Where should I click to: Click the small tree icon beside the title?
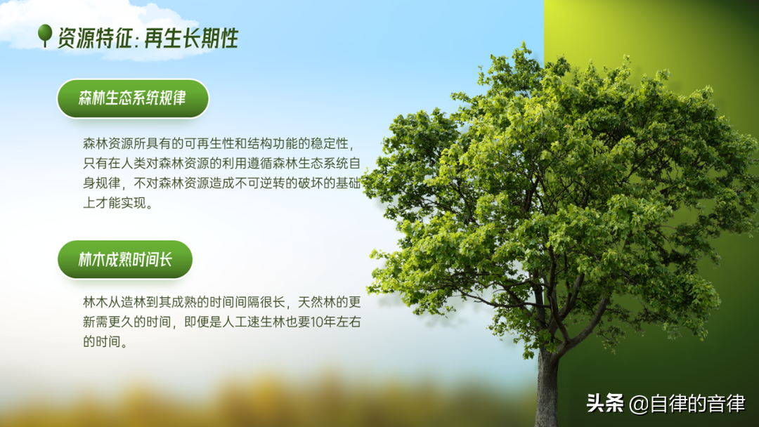point(45,35)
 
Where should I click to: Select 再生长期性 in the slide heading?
point(191,38)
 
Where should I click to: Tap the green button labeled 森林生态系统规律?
point(133,98)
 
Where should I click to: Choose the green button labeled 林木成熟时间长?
point(125,259)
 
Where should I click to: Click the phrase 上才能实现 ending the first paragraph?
point(115,203)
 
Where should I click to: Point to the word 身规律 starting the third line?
point(102,183)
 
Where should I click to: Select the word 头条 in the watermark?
point(605,403)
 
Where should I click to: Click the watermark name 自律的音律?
point(697,404)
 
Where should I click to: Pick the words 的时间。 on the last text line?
point(105,342)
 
